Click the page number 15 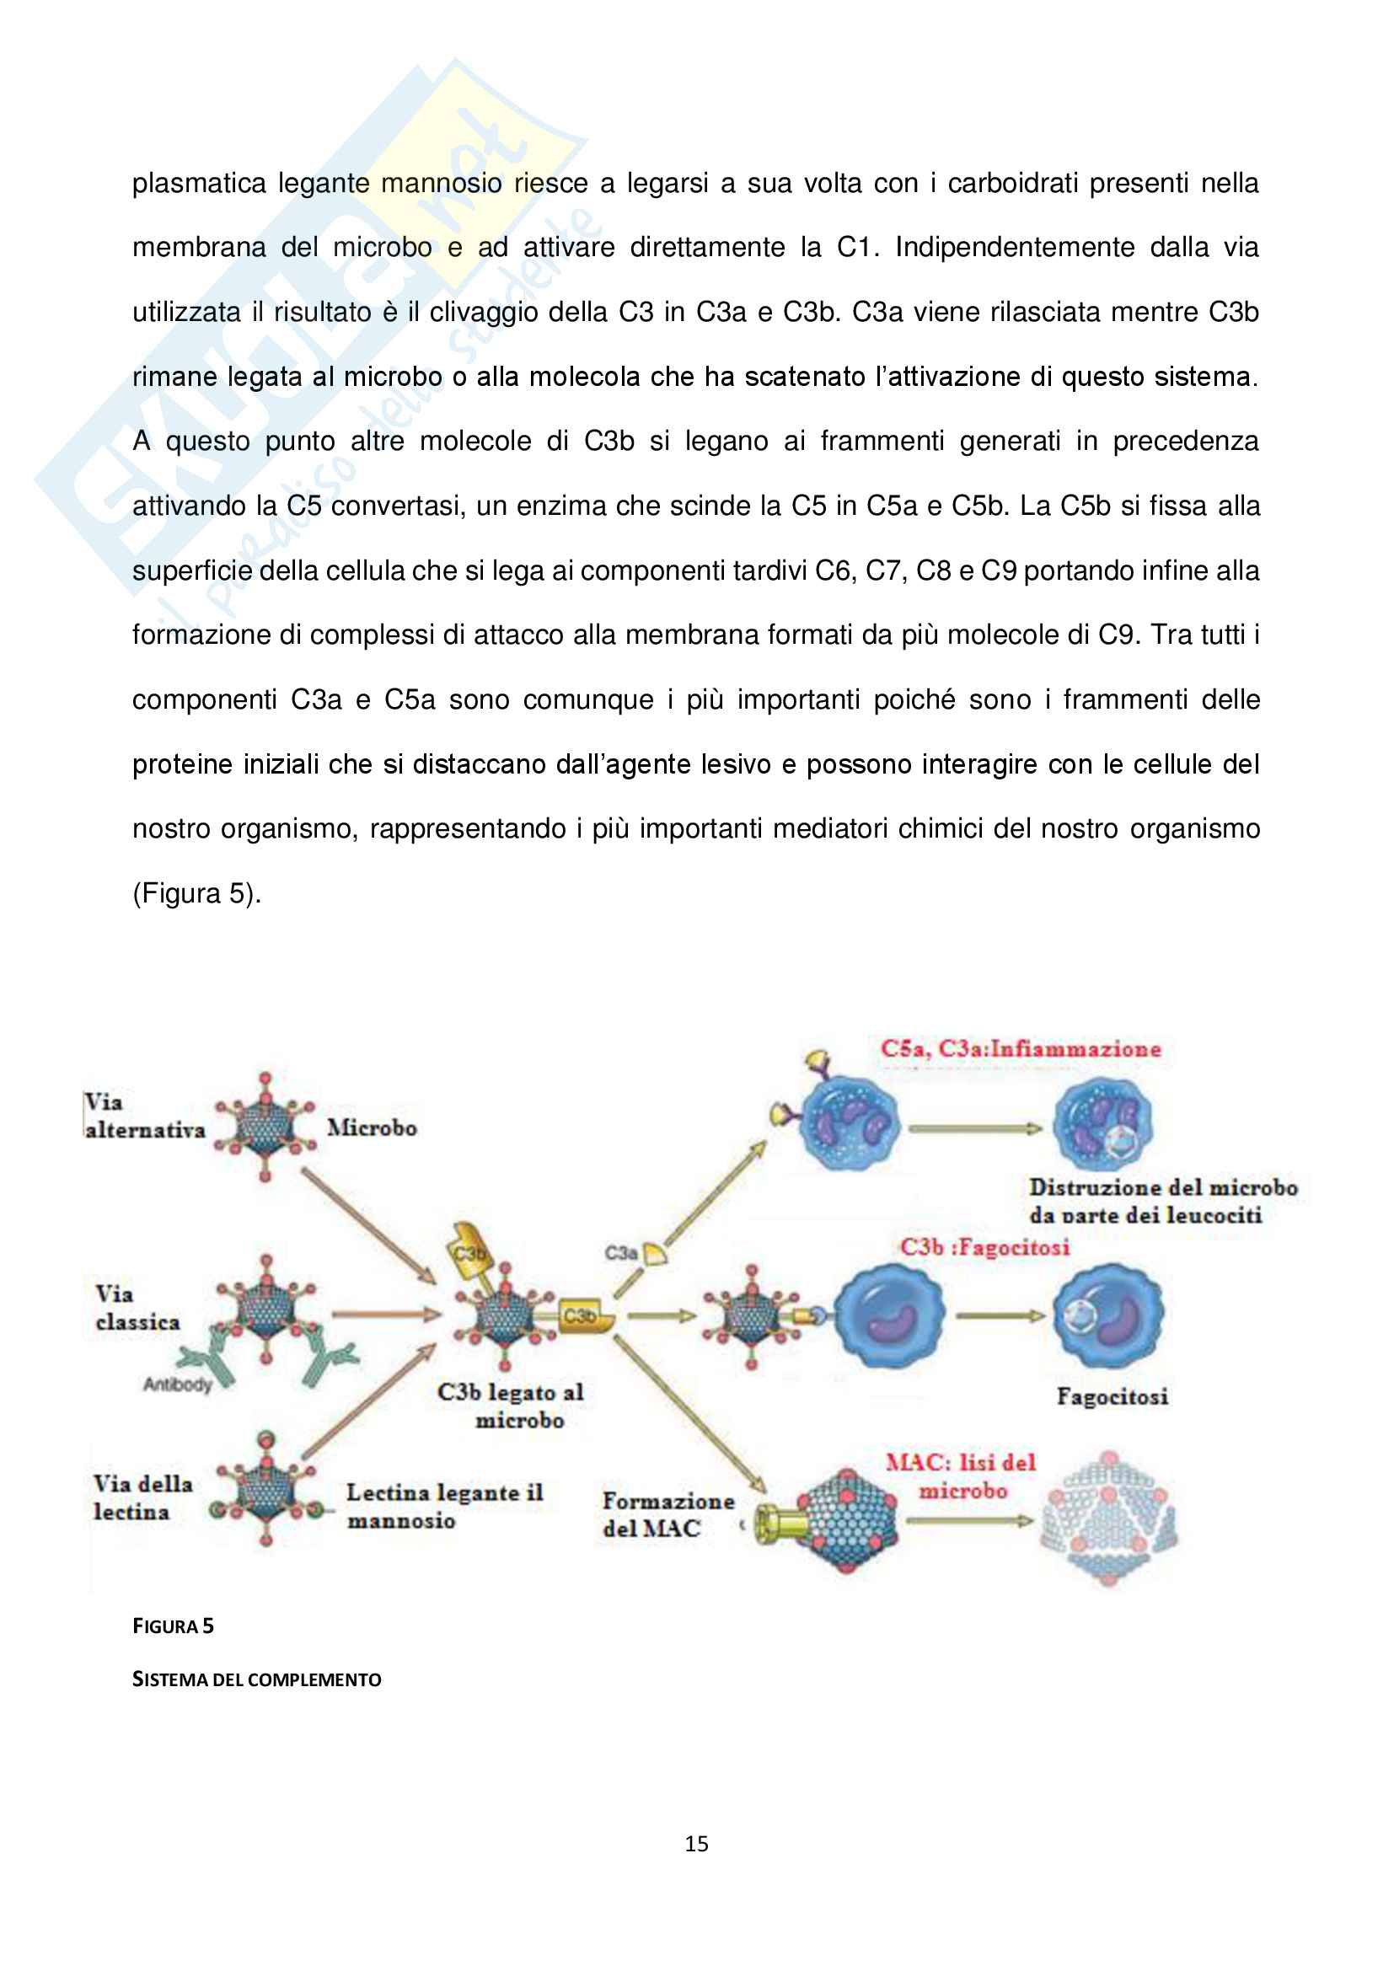coord(696,1843)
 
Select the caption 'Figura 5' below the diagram coord(173,1626)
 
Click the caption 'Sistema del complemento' coord(256,1679)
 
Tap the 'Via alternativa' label coord(143,1116)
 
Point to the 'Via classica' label coord(137,1308)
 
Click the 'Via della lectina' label coord(142,1498)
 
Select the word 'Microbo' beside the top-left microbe coord(372,1128)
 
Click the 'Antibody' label coord(177,1384)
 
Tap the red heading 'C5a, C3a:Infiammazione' coord(1020,1049)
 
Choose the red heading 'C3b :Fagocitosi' coord(984,1247)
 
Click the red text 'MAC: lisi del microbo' coord(962,1476)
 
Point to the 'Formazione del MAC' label coord(667,1514)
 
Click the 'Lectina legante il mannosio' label coord(444,1506)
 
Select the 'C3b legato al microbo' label coord(511,1406)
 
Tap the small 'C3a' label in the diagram coord(619,1252)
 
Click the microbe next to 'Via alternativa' coord(265,1126)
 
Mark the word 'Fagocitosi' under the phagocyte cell coord(1112,1396)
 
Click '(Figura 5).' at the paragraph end coord(196,893)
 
